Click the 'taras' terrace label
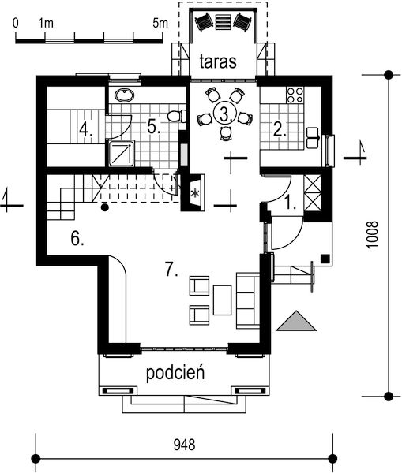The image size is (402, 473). tap(218, 62)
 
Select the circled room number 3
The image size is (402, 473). tap(225, 114)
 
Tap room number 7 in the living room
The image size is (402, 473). tap(171, 269)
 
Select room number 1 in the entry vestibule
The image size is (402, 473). tap(291, 202)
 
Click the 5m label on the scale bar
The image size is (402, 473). tap(161, 23)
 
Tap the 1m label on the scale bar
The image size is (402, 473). tap(45, 23)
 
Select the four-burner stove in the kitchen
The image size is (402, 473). tap(295, 95)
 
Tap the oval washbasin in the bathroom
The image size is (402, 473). tap(123, 95)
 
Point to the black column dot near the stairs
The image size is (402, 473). tap(104, 208)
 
